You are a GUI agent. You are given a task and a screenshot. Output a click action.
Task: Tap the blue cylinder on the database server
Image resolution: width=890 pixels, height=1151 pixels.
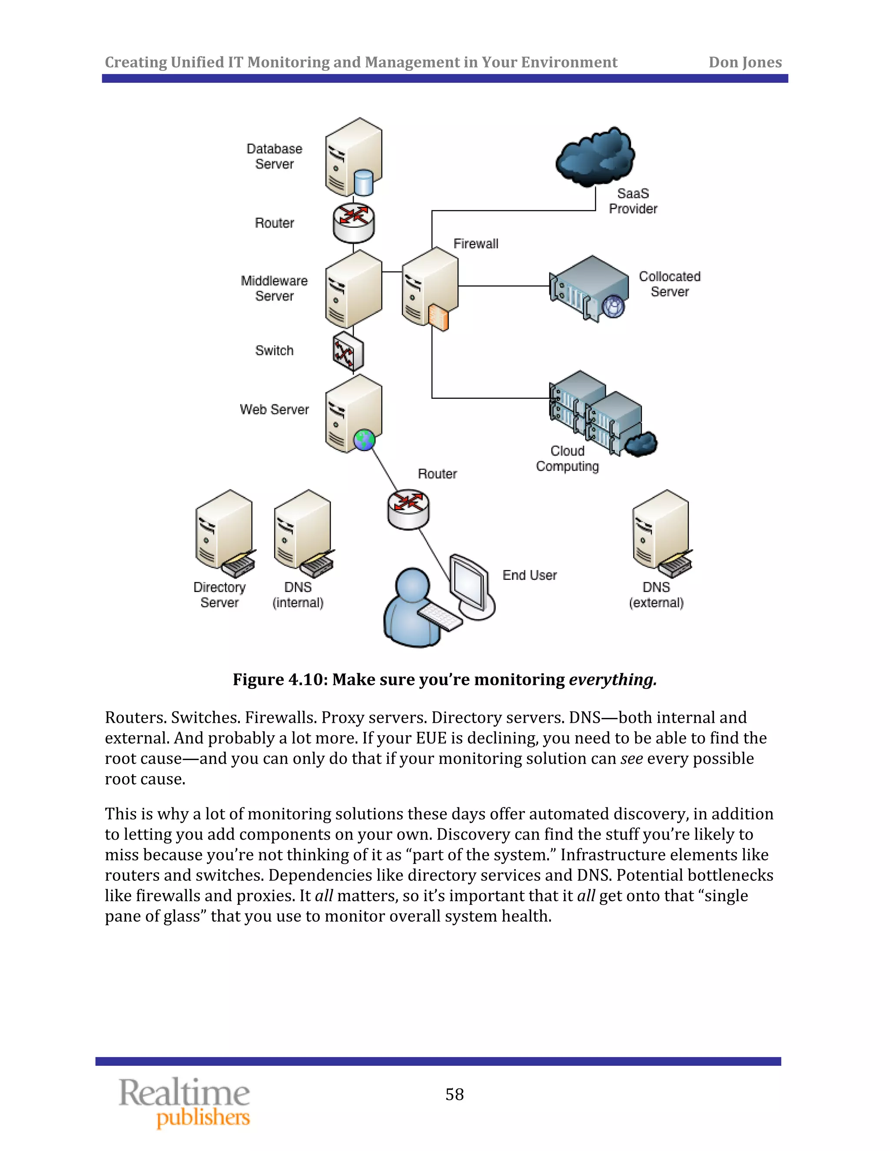coord(363,182)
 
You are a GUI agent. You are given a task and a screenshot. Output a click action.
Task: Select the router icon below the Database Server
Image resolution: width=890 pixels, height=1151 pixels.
coord(353,222)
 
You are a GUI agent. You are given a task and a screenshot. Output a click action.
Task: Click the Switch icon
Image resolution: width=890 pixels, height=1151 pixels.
coord(348,351)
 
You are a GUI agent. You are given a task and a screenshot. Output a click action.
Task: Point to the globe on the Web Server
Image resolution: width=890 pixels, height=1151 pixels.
coord(364,440)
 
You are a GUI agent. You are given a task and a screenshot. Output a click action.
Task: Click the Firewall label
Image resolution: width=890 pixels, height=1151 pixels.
coord(475,244)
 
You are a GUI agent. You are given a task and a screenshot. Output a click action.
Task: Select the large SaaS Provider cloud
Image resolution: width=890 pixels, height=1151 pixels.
coord(595,156)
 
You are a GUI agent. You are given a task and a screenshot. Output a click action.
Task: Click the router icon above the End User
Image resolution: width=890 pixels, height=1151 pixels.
coord(408,509)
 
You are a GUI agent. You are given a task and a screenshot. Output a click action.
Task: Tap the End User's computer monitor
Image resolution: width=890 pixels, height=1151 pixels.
coord(469,583)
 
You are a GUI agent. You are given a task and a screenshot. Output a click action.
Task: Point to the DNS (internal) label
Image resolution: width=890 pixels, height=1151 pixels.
coord(298,595)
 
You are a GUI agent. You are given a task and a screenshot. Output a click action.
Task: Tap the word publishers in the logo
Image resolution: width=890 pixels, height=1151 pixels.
coord(203,1117)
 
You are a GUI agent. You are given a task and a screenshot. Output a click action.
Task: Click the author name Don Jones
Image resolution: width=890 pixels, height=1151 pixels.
coord(744,62)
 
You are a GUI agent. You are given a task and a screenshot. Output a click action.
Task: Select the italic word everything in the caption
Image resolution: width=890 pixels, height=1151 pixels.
coord(612,679)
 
